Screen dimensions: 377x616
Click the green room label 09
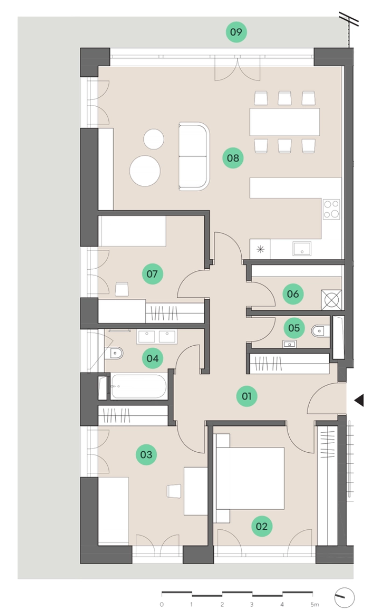(x=236, y=32)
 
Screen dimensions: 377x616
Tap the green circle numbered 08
(x=233, y=158)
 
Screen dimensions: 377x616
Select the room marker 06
(x=293, y=294)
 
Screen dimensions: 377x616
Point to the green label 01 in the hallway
(x=247, y=396)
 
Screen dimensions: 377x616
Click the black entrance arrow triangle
(x=359, y=400)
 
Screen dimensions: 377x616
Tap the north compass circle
(x=345, y=598)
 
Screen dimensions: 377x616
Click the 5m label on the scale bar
(x=314, y=605)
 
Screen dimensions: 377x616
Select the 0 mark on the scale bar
(x=162, y=605)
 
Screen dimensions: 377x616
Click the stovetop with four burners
(x=331, y=209)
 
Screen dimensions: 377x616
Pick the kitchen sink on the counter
(x=302, y=249)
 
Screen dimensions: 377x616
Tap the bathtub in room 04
(x=138, y=387)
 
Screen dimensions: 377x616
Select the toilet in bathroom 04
(x=114, y=353)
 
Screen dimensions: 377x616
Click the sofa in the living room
(x=194, y=156)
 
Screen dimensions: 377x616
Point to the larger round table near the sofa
(x=145, y=171)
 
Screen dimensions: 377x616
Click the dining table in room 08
(x=284, y=122)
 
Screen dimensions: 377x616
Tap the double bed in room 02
(x=249, y=478)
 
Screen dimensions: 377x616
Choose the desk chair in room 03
(x=174, y=491)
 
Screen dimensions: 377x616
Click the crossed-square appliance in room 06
(x=331, y=300)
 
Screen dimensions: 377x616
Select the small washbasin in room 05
(x=289, y=344)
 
